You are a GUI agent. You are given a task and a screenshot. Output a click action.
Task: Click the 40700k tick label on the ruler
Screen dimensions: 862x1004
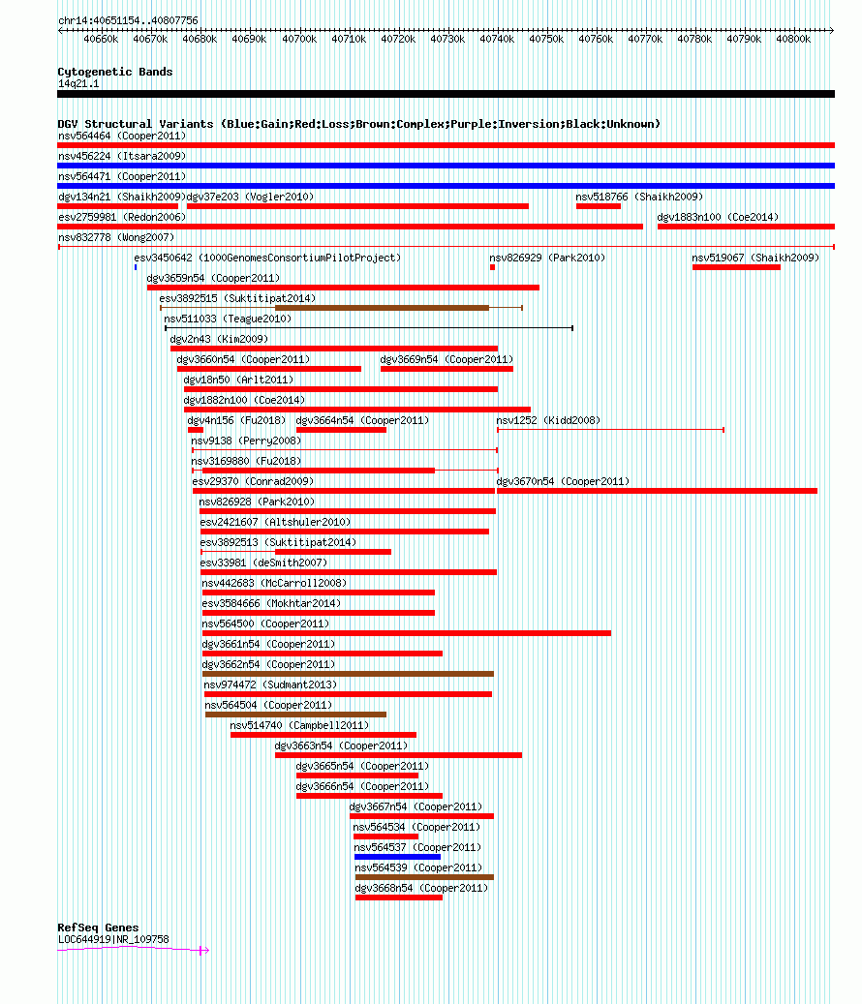299,39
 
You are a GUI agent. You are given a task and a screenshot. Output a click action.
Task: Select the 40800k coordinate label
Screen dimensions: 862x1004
793,39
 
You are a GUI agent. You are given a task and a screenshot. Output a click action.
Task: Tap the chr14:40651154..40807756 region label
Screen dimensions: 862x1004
128,20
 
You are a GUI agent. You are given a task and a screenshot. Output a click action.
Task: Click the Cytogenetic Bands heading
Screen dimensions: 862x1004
115,72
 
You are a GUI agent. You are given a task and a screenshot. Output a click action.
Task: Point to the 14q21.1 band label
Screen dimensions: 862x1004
78,84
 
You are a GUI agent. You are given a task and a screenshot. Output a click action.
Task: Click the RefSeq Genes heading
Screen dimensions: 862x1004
98,928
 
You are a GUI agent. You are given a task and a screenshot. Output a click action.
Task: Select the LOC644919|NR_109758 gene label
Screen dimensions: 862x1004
114,939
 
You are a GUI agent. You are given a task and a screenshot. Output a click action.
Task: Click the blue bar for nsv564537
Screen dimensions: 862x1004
398,857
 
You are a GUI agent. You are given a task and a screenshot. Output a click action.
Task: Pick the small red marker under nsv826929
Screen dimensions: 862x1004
492,267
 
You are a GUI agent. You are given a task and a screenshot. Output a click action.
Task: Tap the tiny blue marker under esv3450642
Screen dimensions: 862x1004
136,267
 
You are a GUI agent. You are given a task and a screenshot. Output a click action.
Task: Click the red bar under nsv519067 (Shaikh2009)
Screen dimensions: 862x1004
736,267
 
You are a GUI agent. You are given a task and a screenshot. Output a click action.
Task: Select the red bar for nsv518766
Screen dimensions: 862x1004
599,206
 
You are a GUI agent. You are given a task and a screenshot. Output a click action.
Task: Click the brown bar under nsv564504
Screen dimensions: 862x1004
295,715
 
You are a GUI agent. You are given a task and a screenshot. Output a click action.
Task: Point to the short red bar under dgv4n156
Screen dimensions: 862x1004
196,430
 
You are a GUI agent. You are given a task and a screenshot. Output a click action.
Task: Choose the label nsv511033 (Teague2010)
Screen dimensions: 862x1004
228,319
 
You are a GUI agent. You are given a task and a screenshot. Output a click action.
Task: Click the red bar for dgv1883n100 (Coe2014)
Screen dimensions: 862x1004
746,227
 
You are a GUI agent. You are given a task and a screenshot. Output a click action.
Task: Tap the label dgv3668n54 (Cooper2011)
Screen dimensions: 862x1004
421,888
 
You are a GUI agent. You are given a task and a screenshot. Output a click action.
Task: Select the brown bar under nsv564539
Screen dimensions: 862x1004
424,877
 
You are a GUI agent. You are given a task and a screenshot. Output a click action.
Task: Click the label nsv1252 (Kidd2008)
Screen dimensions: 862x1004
549,421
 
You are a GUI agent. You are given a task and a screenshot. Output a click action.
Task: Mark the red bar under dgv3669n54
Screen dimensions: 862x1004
447,369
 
